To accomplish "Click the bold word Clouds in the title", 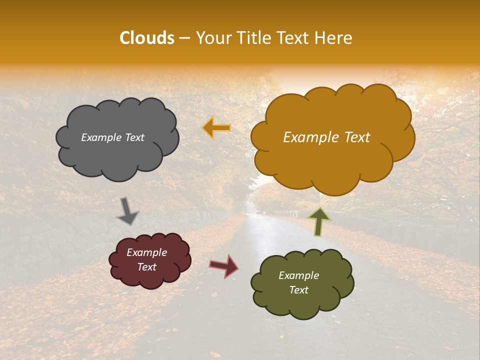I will pyautogui.click(x=147, y=38).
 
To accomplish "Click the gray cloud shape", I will pyautogui.click(x=117, y=150).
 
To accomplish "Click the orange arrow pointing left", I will pyautogui.click(x=216, y=128).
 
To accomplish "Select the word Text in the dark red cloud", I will pyautogui.click(x=147, y=267).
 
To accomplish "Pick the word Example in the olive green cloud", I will pyautogui.click(x=298, y=275).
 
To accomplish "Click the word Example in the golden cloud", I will pyautogui.click(x=310, y=137).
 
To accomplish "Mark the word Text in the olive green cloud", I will pyautogui.click(x=298, y=290).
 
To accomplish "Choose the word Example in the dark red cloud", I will pyautogui.click(x=147, y=252).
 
